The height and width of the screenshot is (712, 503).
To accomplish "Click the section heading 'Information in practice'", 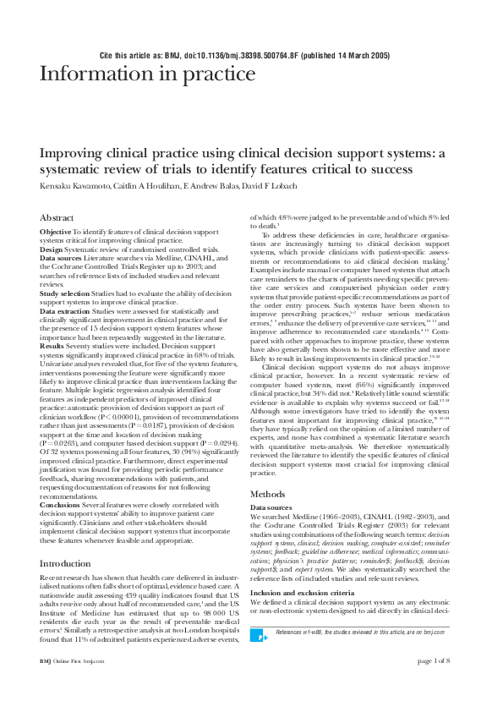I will coord(148,75).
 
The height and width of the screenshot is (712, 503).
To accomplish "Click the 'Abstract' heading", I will coord(57,218).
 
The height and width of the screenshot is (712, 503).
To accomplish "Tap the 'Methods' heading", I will coord(268,494).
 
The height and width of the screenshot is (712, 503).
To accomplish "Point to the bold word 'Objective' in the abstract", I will coord(56,232).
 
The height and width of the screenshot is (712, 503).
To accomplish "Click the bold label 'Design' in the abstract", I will coord(52,249).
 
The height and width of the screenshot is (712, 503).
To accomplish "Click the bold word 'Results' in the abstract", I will coord(52,345).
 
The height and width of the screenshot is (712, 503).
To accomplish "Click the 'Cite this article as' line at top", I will coord(244,55).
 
